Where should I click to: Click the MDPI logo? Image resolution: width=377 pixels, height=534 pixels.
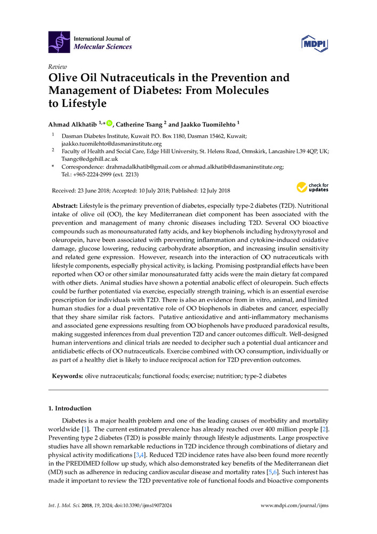314,42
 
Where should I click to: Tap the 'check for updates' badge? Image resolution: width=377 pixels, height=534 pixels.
312,187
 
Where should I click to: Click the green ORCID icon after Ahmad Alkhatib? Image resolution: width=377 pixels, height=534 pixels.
109,123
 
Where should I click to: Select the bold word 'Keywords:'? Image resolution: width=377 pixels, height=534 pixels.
67,376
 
